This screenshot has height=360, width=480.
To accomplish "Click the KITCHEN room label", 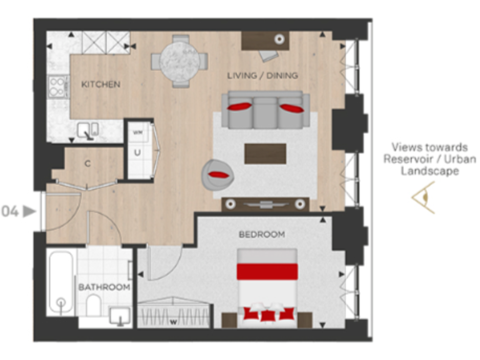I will tap(101, 84).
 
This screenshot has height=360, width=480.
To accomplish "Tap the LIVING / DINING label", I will tap(262, 76).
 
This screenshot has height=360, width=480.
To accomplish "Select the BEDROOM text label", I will tap(261, 234).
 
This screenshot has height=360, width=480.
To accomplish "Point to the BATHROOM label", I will tap(104, 287).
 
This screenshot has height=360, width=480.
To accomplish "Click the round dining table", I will tap(179, 60).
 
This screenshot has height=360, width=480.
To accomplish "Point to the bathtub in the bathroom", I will tap(61, 283).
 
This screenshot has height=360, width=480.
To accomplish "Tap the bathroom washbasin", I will tap(119, 316).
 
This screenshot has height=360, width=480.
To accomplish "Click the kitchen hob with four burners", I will tap(58, 86).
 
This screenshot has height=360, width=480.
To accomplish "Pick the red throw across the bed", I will tap(266, 272).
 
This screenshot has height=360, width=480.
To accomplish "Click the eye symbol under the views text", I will tap(422, 197).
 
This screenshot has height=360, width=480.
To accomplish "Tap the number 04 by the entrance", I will tap(10, 211).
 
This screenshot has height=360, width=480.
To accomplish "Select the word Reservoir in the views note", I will tap(407, 159).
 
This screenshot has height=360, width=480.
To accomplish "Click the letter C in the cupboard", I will tap(88, 164).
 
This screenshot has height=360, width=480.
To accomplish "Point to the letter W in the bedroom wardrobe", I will tap(172, 322).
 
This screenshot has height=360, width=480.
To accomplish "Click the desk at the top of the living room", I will tap(265, 41).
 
